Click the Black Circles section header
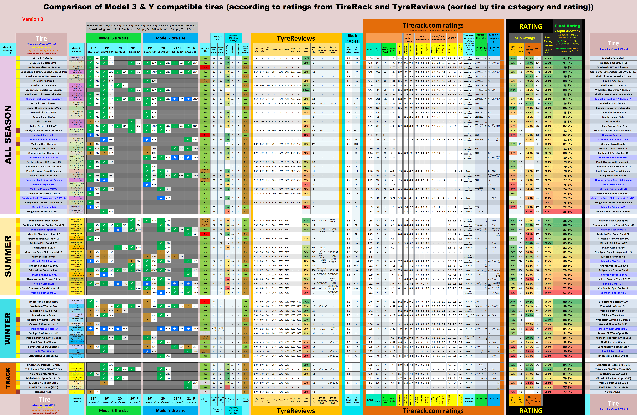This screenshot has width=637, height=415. [x=352, y=38]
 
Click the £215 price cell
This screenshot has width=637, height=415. [x=333, y=103]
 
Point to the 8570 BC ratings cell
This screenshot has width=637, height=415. [x=356, y=103]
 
